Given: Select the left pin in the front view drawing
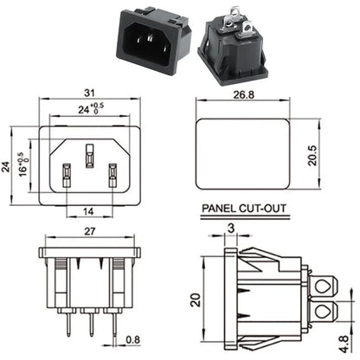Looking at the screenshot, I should [65, 176].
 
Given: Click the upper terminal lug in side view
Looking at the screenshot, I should [325, 286].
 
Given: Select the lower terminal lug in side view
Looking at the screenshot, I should [325, 313].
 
